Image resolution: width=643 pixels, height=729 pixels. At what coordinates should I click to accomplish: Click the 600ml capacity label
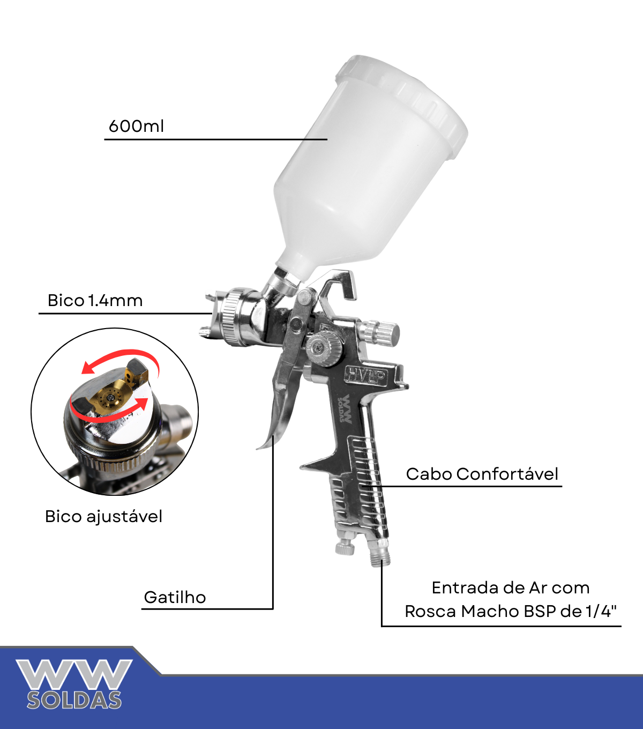click(x=136, y=127)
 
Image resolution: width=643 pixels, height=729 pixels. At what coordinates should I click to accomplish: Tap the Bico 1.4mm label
click(x=95, y=301)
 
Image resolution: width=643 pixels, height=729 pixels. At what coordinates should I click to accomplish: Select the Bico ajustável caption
click(x=103, y=517)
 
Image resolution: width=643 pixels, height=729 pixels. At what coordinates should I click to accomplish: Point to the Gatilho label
click(x=175, y=598)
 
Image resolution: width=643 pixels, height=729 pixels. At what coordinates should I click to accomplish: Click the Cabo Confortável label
click(x=482, y=474)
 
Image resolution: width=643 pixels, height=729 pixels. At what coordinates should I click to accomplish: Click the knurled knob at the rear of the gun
click(x=378, y=333)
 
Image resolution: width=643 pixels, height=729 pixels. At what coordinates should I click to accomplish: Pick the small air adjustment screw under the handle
click(x=345, y=547)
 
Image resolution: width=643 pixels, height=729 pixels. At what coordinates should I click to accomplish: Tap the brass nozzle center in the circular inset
click(x=110, y=397)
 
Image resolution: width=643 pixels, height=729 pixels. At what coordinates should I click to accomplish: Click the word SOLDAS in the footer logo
click(x=74, y=701)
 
